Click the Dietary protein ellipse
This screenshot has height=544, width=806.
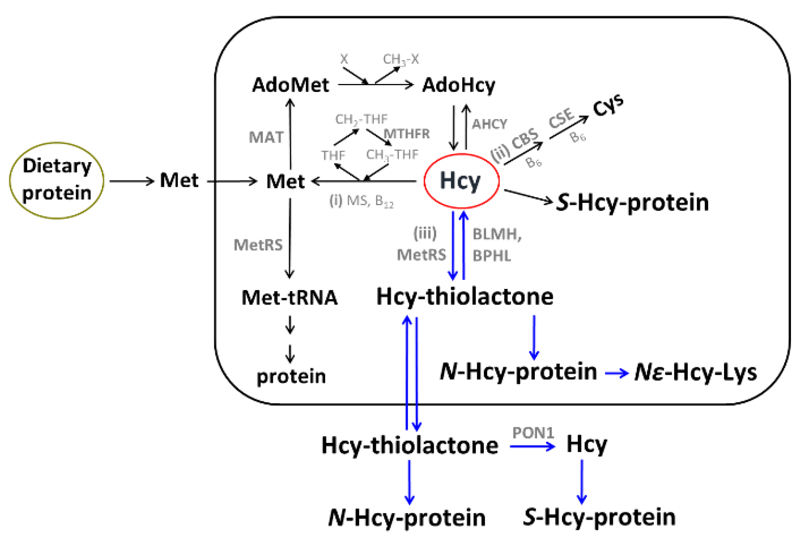point(57,180)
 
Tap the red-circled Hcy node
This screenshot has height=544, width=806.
point(461,181)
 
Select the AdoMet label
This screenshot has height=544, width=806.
point(290,85)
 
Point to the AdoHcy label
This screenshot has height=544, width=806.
point(458,85)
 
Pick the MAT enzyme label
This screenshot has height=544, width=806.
point(266,137)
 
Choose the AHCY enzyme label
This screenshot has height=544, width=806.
point(489,124)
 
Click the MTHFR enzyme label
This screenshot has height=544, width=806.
point(407,134)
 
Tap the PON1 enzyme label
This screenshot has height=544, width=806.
point(533,433)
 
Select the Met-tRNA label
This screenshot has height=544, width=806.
point(290,298)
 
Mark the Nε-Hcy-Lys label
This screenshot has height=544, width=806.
point(695,372)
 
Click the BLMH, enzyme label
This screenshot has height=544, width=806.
point(497,234)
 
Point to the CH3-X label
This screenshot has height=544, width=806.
point(401,60)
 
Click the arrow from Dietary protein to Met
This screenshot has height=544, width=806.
point(132,181)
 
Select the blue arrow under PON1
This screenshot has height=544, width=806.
point(532,446)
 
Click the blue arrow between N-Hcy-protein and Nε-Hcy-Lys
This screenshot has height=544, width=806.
point(616,373)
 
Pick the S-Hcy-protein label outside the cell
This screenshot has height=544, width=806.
point(599,517)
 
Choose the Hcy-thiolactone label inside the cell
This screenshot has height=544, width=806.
point(465,297)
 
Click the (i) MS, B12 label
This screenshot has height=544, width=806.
point(361,201)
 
